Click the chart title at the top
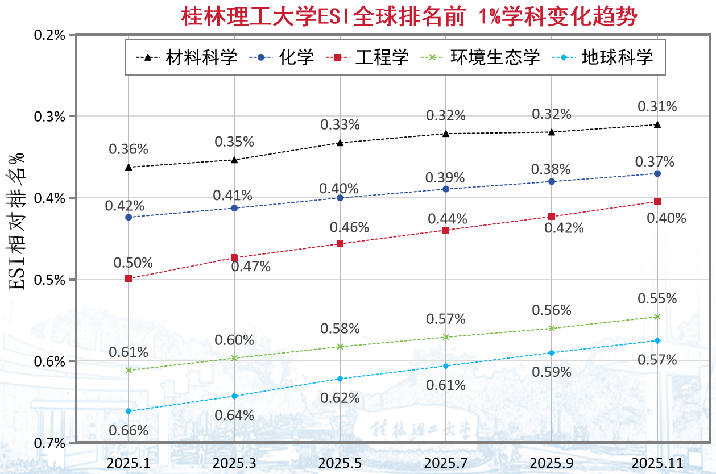point(409,16)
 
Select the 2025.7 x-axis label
point(446,463)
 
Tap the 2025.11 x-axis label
point(657,463)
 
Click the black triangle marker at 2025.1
point(129,167)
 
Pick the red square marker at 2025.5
point(340,244)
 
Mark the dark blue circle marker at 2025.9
point(552,181)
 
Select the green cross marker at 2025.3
point(234,358)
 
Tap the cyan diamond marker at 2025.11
point(657,340)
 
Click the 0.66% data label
point(129,430)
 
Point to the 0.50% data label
point(133,263)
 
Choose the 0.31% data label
point(657,106)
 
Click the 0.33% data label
point(340,124)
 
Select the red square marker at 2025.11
point(657,202)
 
